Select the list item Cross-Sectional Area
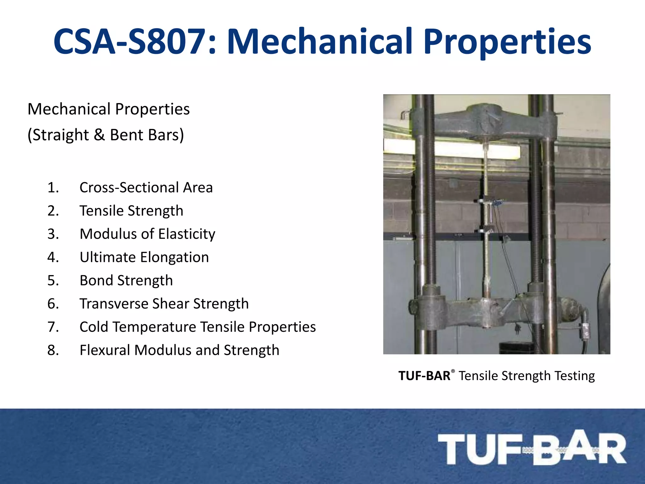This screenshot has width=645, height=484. [x=146, y=187]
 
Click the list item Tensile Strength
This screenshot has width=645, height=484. [x=131, y=211]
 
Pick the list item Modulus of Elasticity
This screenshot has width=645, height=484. [x=147, y=234]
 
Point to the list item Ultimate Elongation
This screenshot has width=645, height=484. [x=144, y=257]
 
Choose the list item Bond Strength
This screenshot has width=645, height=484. [x=126, y=280]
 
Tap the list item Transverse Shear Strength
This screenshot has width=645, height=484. [x=164, y=304]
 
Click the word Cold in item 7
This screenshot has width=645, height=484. [x=94, y=327]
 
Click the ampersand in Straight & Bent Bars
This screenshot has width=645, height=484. [x=99, y=135]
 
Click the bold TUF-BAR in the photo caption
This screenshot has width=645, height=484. [x=424, y=376]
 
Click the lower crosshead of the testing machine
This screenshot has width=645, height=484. [x=491, y=310]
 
